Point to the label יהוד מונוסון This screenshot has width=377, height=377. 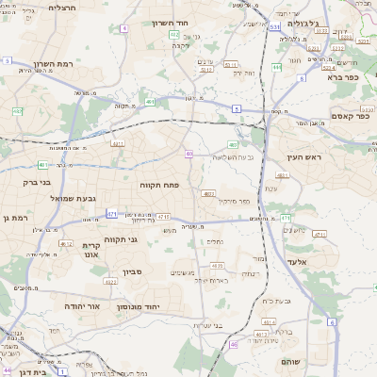click(x=139, y=307)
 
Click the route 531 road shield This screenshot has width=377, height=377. click(x=273, y=27)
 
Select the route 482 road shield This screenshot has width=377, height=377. click(x=18, y=111)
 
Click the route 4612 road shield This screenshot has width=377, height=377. click(x=66, y=244)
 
